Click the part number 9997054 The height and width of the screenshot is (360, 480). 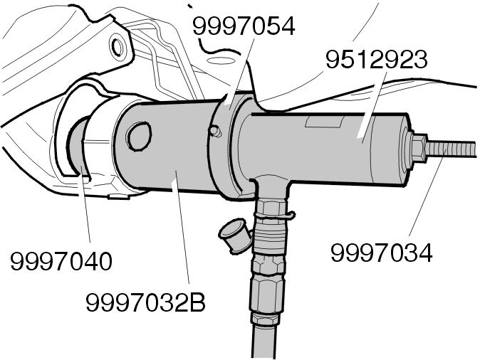click(244, 26)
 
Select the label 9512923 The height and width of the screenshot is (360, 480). click(377, 60)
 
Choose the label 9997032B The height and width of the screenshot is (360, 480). click(145, 302)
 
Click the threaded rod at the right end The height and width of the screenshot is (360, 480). click(452, 149)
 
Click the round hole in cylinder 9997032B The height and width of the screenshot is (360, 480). click(140, 137)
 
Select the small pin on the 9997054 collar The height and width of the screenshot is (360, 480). click(216, 131)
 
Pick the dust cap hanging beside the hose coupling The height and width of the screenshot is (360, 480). click(234, 235)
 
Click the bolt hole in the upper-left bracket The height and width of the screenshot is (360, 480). click(118, 46)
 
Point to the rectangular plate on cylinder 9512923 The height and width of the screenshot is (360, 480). click(324, 122)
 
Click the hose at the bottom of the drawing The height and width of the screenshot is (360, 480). click(264, 339)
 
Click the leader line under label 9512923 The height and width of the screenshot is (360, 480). click(374, 107)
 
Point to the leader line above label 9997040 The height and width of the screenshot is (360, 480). click(86, 204)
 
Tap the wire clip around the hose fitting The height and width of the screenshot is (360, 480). click(274, 216)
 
